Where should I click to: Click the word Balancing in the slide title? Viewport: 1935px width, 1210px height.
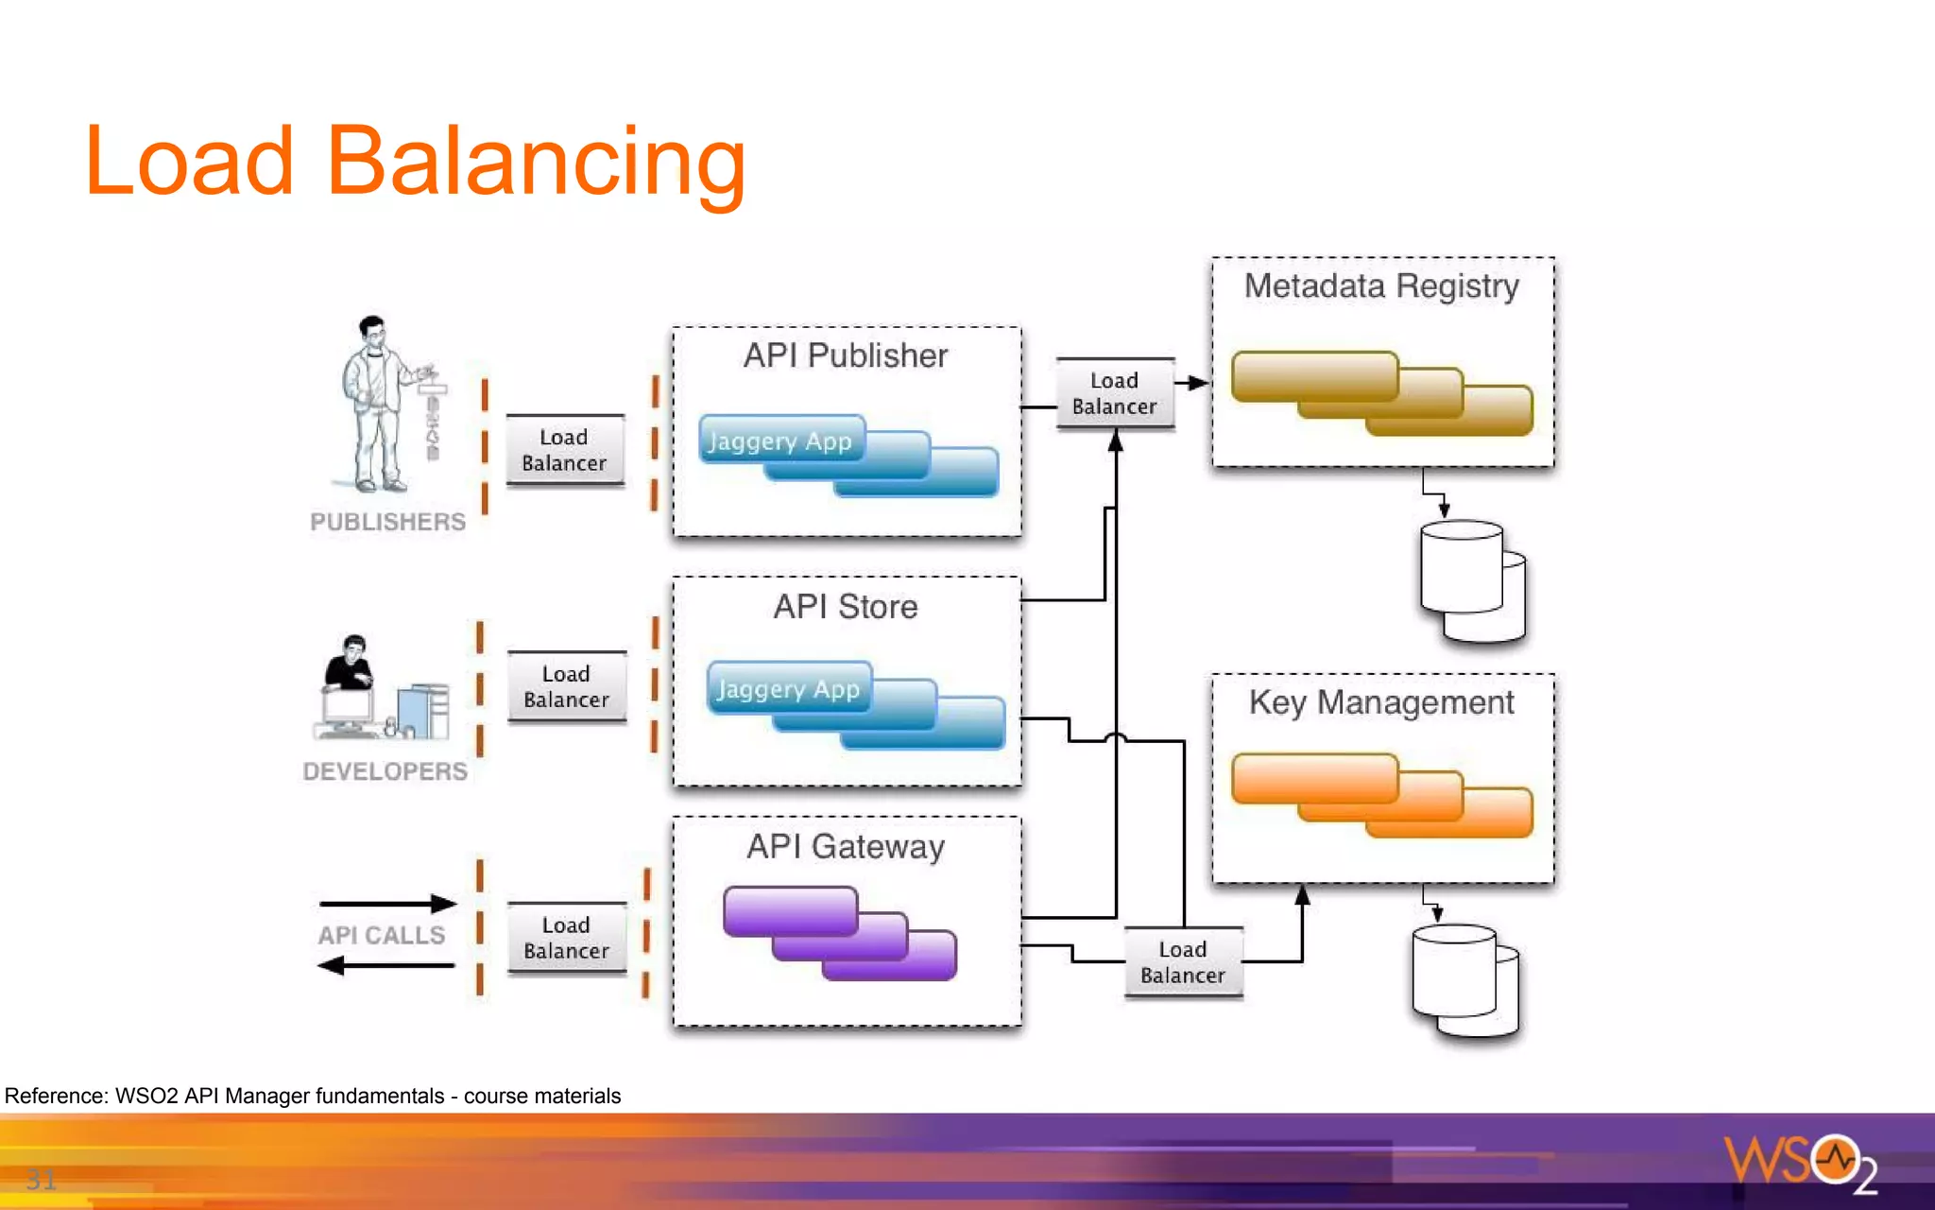536,163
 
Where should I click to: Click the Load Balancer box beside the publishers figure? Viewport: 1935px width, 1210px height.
564,450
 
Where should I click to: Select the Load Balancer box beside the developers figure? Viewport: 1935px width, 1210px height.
566,687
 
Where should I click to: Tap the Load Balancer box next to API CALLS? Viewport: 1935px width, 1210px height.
566,938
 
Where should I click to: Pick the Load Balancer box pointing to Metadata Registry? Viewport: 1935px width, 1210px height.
1114,393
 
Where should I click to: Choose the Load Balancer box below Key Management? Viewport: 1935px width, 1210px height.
1182,962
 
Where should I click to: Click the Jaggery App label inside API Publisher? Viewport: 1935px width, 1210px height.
780,441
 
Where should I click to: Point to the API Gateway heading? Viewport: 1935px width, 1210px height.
846,846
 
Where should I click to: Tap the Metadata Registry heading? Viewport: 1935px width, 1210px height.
1381,285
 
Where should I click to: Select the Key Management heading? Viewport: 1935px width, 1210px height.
1381,702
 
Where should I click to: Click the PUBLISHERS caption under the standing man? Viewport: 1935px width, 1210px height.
387,522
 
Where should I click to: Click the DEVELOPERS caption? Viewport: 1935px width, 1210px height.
385,771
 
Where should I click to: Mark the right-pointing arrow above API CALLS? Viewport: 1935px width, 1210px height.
387,904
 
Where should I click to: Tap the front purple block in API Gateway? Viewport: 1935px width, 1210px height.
790,909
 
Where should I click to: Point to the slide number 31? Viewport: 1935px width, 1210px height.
41,1179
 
